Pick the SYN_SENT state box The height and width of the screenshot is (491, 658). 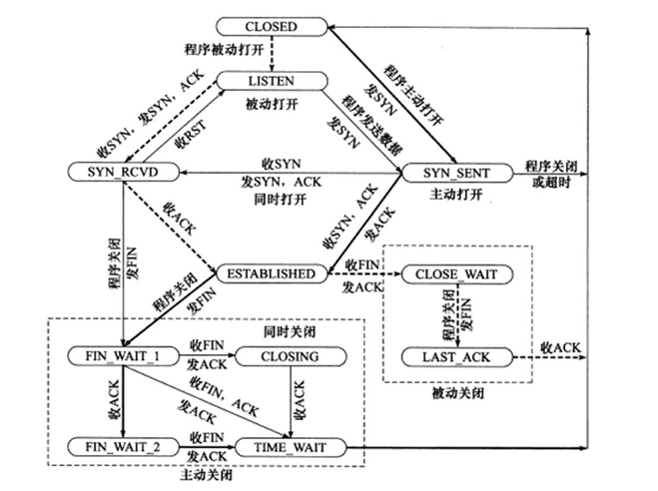click(x=455, y=172)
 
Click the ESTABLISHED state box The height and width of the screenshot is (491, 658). click(x=272, y=272)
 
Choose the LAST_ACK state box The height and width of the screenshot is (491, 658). click(x=455, y=356)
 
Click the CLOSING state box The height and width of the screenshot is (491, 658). click(x=290, y=356)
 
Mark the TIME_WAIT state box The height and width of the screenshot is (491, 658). click(x=290, y=446)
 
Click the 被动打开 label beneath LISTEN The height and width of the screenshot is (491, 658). click(x=270, y=103)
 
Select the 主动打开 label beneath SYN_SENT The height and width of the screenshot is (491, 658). click(x=455, y=195)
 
